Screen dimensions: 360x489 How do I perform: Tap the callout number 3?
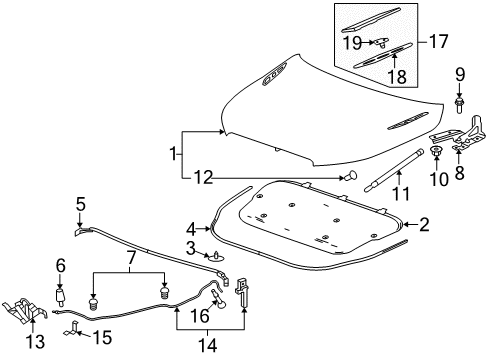pos(189,248)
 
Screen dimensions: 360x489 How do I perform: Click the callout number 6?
pos(59,266)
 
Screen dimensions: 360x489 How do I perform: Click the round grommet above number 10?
pos(437,152)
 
